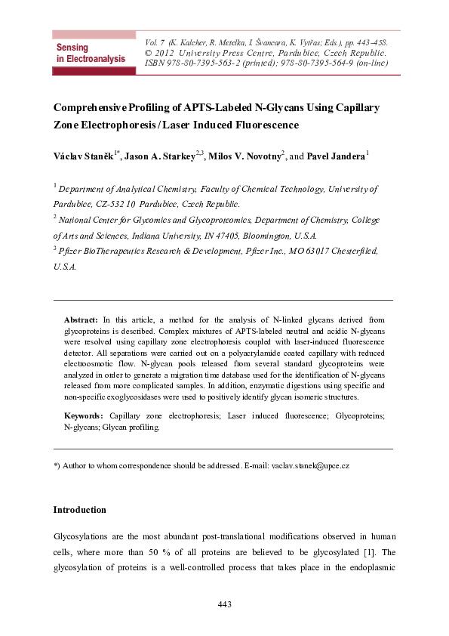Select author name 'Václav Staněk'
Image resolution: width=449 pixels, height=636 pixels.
[84, 156]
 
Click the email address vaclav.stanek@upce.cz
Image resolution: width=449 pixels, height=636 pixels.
[309, 467]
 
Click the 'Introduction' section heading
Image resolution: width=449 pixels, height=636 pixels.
[79, 510]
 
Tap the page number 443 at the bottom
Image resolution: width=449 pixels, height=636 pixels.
[224, 604]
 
